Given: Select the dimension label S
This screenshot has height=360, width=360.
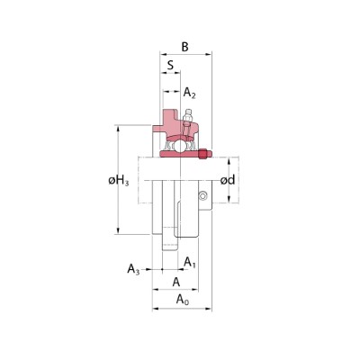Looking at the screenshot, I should (168, 65).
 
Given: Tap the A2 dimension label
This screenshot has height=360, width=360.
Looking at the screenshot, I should (190, 93).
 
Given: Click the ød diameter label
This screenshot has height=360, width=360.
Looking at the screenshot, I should (229, 181).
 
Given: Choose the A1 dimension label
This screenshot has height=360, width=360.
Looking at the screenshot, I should (190, 262).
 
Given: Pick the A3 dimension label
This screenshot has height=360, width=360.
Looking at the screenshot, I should (133, 268).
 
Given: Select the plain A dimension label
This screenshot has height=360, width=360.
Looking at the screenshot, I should (177, 281).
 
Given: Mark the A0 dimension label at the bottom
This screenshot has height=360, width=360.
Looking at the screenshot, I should (183, 298).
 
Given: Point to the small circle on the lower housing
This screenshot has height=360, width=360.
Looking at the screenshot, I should (203, 197).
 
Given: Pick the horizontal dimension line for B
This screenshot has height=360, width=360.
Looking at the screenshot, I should (186, 54).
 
